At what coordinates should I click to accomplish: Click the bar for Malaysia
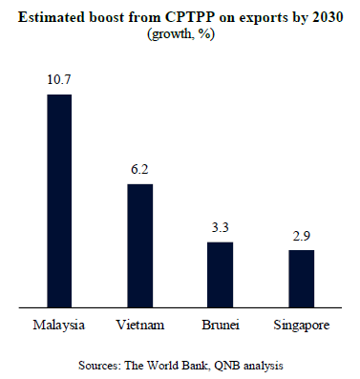coord(59,200)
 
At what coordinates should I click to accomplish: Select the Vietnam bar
coord(140,245)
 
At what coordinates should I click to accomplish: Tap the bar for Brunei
coord(221,275)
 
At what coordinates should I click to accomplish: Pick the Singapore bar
coord(302,279)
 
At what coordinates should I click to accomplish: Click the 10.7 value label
coord(59,79)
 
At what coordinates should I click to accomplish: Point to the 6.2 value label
coord(139,169)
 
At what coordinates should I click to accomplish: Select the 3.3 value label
coord(221,227)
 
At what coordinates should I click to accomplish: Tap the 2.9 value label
coord(302,236)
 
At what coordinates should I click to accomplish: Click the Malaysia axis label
coord(59,326)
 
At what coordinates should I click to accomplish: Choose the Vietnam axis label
coord(140,325)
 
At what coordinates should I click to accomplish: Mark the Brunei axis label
coord(221,325)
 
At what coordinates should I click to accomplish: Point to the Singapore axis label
coord(302,326)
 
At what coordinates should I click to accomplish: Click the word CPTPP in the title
coord(190,17)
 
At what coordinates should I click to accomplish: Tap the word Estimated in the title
coord(52,17)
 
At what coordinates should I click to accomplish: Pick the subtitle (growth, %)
coord(180,34)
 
